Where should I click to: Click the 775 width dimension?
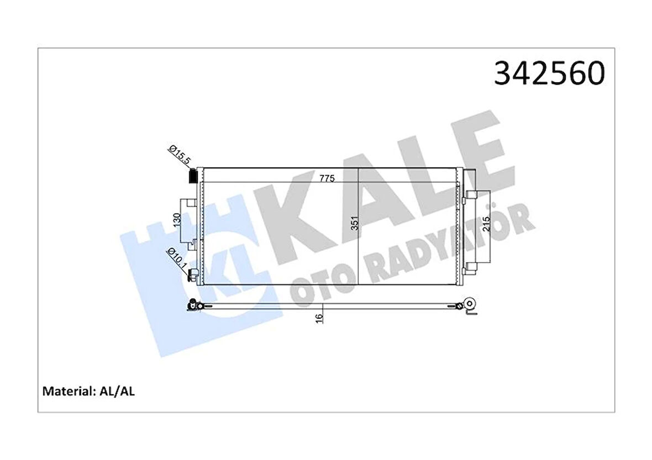pos(327,179)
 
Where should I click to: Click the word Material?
pos(66,392)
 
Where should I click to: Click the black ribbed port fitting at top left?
pos(193,176)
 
